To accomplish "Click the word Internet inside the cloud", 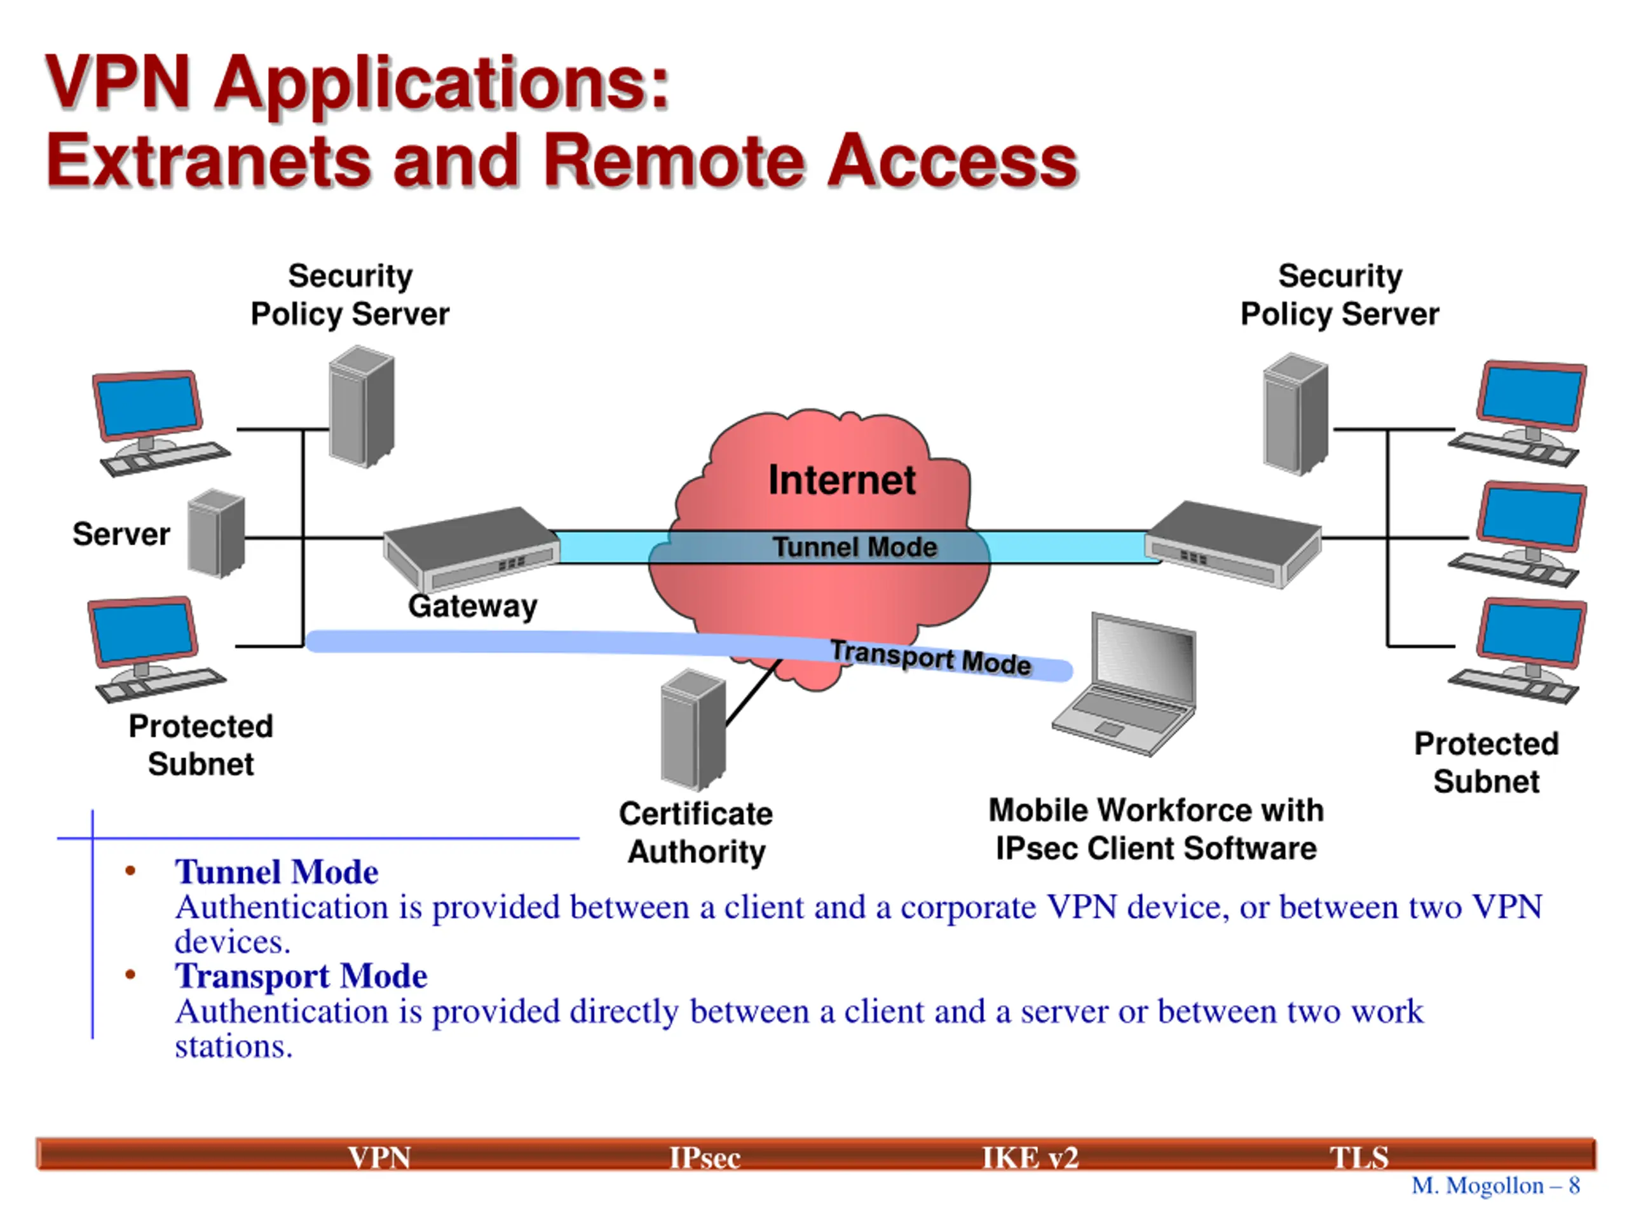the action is (x=841, y=480).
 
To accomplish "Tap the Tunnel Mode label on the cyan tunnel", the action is (x=855, y=547).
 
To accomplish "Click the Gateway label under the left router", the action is (x=473, y=607).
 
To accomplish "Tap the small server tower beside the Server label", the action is (x=215, y=533).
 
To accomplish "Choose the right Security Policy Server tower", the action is (x=1295, y=414).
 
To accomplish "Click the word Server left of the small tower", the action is (x=121, y=534).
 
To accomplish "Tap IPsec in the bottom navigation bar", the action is (x=705, y=1158).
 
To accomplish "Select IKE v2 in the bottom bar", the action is (x=1030, y=1158).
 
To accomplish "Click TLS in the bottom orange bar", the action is (x=1359, y=1158).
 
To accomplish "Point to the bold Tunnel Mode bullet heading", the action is (x=276, y=872).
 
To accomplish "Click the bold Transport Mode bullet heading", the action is (x=301, y=977).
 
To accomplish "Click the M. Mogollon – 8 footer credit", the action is (x=1496, y=1186).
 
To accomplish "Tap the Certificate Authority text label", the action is (x=696, y=832).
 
